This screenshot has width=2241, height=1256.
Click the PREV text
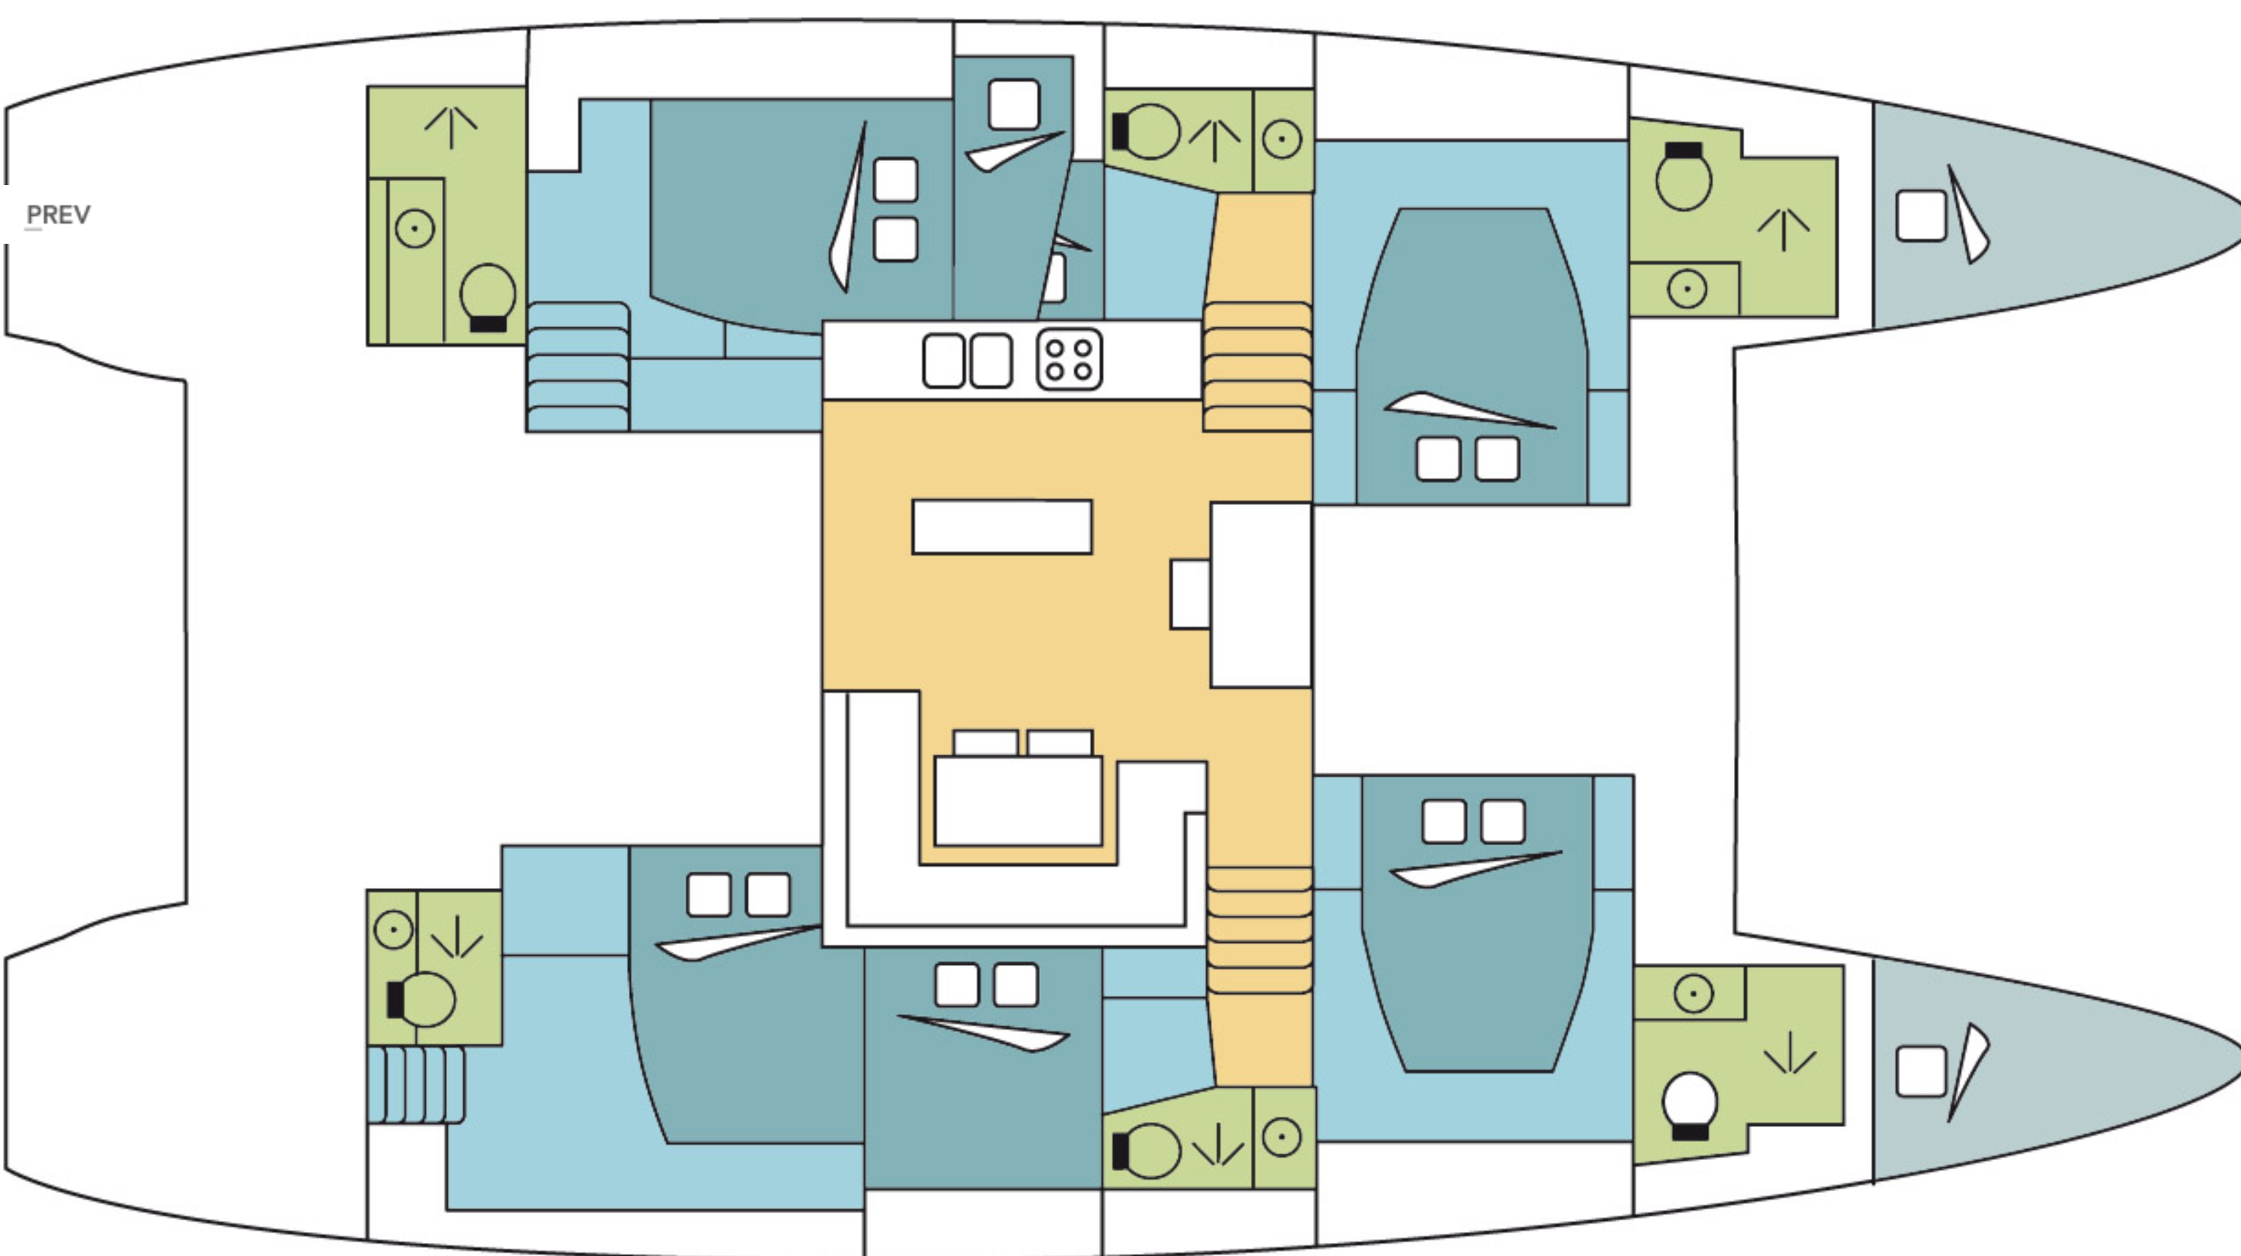click(59, 215)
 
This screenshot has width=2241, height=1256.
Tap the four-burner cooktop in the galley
click(1069, 359)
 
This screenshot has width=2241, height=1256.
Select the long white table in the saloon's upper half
click(1002, 527)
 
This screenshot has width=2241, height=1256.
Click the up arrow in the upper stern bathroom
click(451, 127)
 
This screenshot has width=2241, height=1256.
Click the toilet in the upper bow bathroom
click(1683, 176)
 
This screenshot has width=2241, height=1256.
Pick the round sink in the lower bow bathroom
click(1693, 993)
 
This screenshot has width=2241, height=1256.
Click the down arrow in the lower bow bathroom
click(1789, 1053)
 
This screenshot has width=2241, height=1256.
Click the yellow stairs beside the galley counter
click(1257, 366)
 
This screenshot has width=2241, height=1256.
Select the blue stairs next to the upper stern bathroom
click(577, 366)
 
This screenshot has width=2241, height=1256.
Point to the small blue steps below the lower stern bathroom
click(416, 1085)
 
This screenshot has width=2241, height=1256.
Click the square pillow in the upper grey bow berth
click(1921, 216)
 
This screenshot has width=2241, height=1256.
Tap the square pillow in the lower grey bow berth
click(1921, 1072)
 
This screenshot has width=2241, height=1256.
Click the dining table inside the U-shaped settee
click(1018, 800)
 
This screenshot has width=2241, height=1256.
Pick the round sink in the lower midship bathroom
click(1282, 1137)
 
